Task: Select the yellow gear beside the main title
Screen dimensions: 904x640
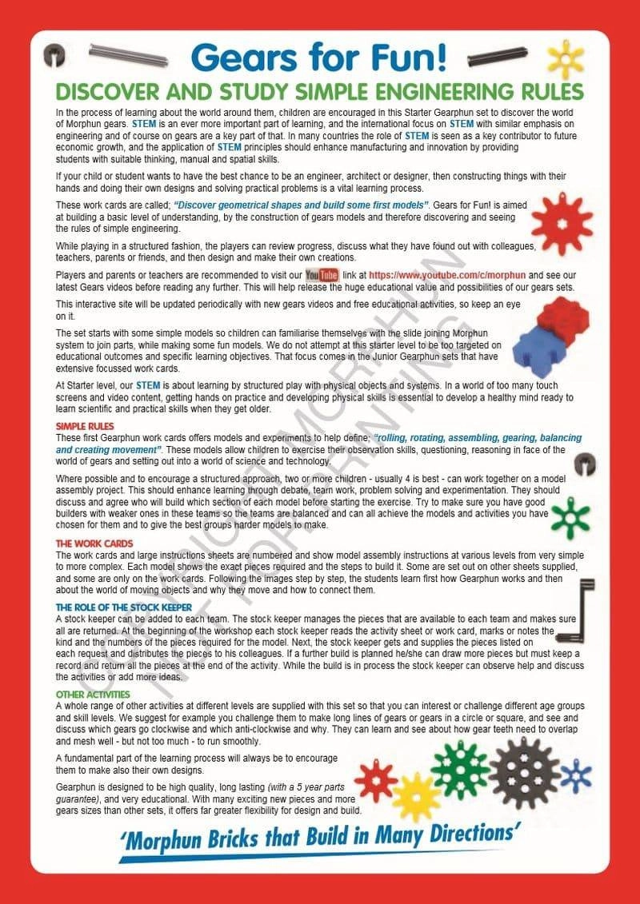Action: click(566, 58)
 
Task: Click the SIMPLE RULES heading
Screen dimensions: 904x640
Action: click(85, 426)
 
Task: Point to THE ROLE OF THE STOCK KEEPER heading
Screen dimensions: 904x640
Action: click(124, 607)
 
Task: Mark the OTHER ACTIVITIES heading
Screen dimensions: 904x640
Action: click(94, 695)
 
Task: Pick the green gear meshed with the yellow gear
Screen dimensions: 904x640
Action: click(460, 769)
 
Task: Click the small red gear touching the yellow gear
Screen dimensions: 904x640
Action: click(375, 779)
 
